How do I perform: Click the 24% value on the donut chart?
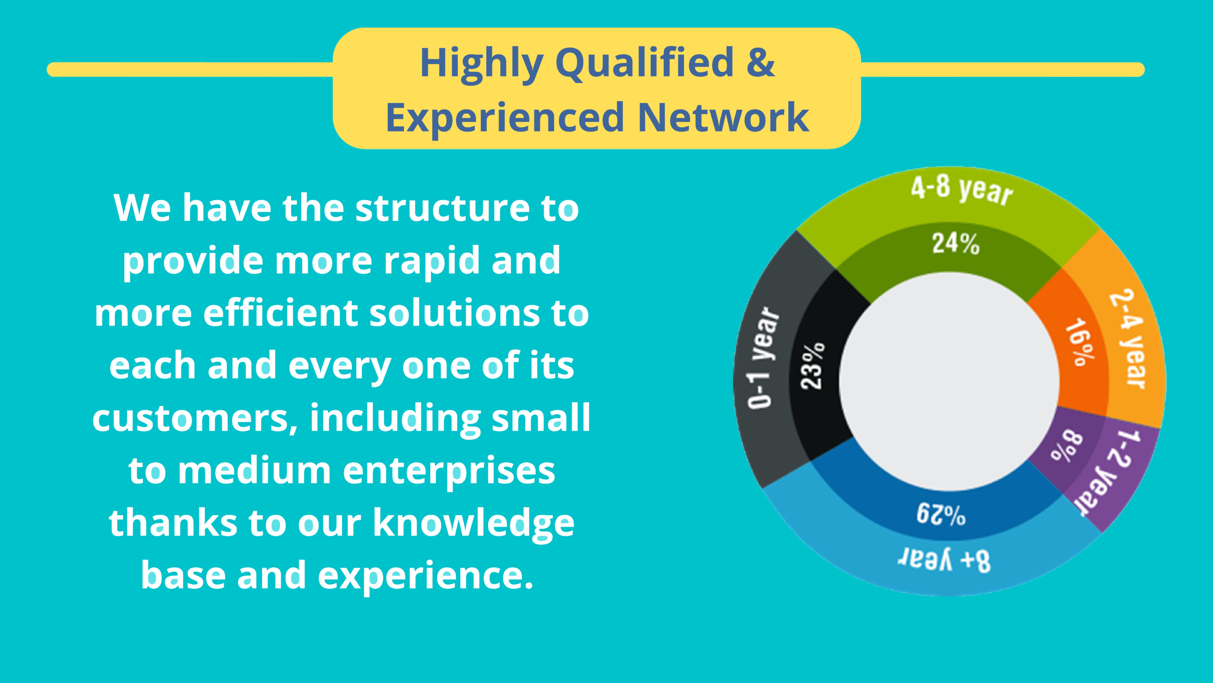click(x=956, y=244)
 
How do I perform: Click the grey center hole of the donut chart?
click(x=949, y=382)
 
